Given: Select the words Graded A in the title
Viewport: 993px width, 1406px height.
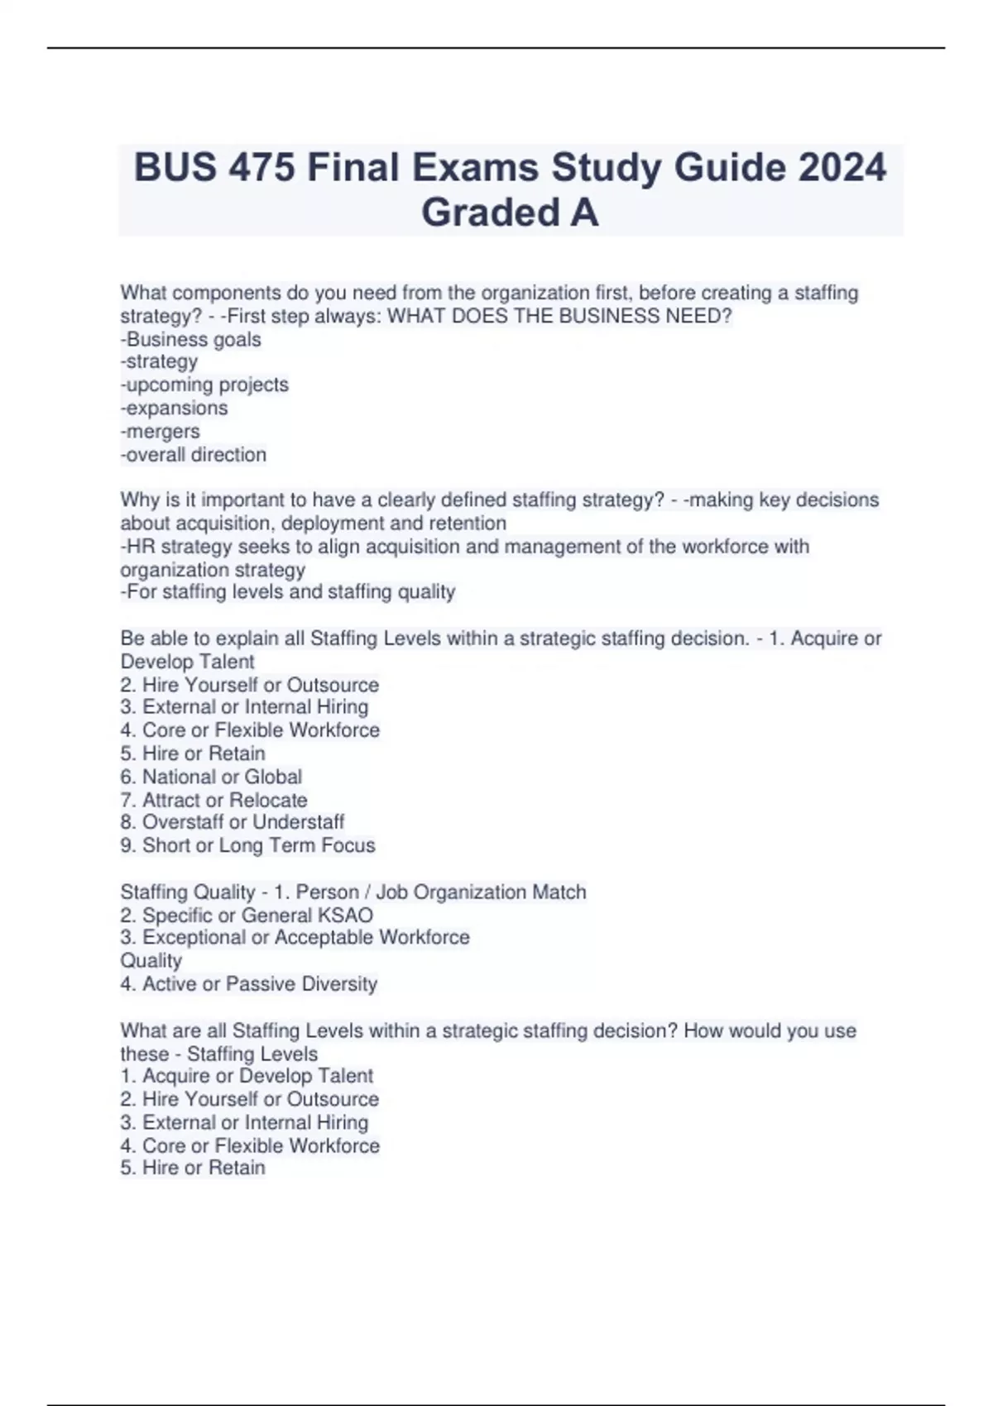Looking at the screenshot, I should tap(510, 213).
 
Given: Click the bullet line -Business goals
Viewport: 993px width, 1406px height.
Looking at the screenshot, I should tap(191, 339).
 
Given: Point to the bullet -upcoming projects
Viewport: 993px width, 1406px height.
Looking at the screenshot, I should tap(204, 385).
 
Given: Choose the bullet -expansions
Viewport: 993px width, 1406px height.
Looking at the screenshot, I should tap(174, 408).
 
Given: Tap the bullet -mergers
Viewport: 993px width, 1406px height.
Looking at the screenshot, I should tap(161, 431).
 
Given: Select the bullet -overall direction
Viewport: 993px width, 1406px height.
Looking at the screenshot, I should tap(194, 454).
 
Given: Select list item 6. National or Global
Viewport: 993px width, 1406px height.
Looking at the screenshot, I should tap(211, 777).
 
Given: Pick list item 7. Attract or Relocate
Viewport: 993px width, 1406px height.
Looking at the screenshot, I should tap(213, 800).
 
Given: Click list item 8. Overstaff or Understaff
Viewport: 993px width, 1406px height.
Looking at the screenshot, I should tap(233, 821).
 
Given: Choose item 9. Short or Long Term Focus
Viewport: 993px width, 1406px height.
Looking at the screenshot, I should tap(247, 845).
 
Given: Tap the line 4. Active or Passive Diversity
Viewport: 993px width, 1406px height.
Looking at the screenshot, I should tap(248, 983).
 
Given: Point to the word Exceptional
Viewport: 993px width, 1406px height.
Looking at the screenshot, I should tap(194, 937).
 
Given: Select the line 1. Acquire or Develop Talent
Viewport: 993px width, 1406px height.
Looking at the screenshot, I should tap(247, 1075).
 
